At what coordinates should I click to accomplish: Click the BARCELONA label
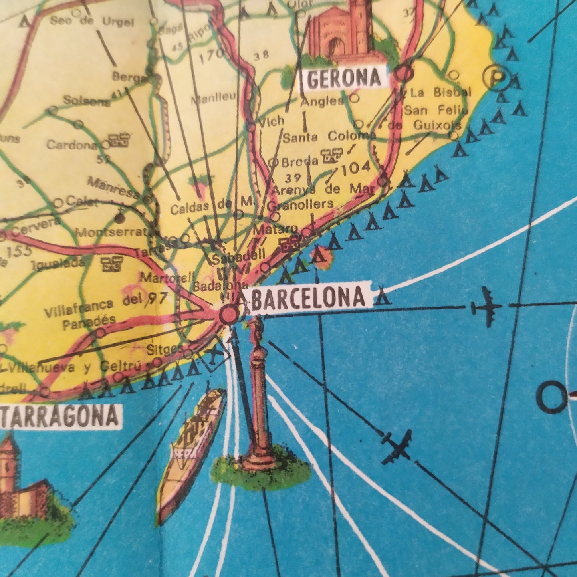[308, 297]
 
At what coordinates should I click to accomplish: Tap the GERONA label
[344, 78]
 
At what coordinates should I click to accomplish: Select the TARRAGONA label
[60, 416]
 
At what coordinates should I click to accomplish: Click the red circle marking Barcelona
[229, 315]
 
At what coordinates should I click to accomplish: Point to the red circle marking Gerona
[404, 73]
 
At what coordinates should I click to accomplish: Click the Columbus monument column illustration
[259, 399]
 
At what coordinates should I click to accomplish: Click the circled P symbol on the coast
[496, 78]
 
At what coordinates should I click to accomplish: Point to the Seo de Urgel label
[91, 21]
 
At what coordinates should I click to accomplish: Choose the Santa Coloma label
[329, 137]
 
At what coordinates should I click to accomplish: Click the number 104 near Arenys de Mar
[356, 168]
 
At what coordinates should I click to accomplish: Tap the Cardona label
[72, 144]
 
